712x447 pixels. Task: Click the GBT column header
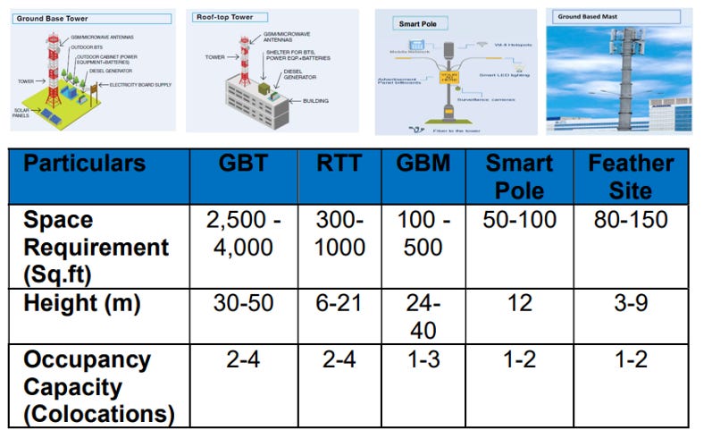tap(244, 164)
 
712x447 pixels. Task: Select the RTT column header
tap(339, 164)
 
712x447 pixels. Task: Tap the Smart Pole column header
tap(520, 177)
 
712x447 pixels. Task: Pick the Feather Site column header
tap(631, 177)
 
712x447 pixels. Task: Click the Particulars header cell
tap(85, 164)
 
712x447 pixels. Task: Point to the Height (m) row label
tap(82, 304)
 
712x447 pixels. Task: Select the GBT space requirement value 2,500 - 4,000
tap(244, 233)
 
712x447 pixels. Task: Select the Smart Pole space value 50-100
tap(520, 220)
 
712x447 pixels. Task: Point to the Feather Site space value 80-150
tap(631, 220)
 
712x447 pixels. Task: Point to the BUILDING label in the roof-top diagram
tap(317, 101)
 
